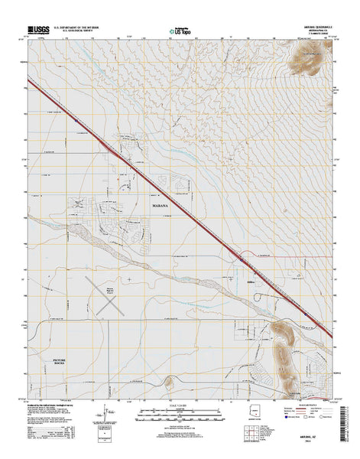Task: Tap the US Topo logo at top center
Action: click(x=180, y=31)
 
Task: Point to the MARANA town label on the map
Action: click(x=160, y=205)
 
